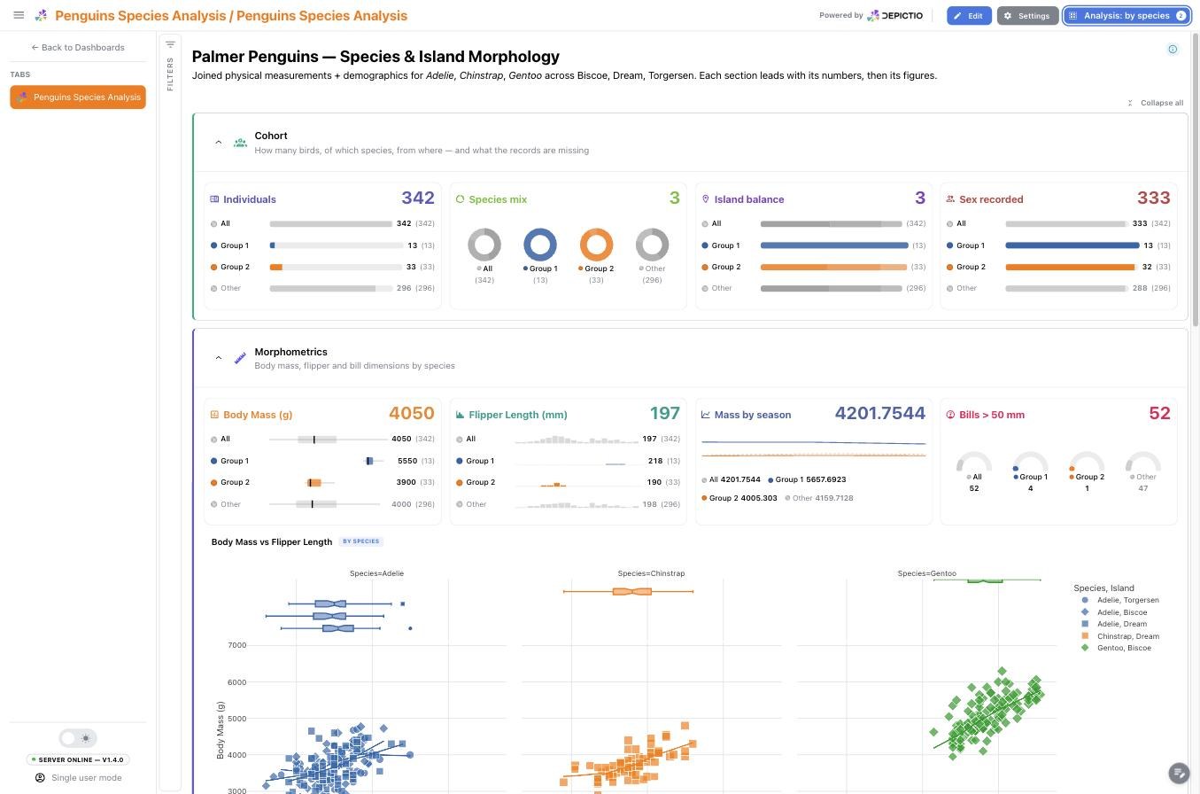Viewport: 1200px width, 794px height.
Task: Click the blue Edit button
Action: (969, 16)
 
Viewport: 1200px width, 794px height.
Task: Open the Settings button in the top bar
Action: (1027, 16)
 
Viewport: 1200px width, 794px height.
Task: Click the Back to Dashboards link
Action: (78, 47)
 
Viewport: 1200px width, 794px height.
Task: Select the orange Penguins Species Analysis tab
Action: (78, 97)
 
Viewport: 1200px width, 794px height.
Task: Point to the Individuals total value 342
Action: (418, 198)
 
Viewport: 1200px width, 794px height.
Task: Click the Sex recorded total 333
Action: (1153, 198)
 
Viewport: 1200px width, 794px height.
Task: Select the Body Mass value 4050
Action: (412, 413)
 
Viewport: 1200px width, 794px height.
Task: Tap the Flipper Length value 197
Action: (664, 413)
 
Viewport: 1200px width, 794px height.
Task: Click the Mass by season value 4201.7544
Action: (879, 413)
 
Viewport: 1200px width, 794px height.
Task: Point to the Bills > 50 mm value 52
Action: (1159, 413)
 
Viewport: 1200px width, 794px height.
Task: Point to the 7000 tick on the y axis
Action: (236, 645)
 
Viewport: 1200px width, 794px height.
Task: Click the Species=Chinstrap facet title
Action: (651, 573)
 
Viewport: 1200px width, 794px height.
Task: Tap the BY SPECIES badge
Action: (361, 541)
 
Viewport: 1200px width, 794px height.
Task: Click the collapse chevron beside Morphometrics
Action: (219, 358)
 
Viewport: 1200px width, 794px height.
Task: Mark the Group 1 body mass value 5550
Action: (407, 461)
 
